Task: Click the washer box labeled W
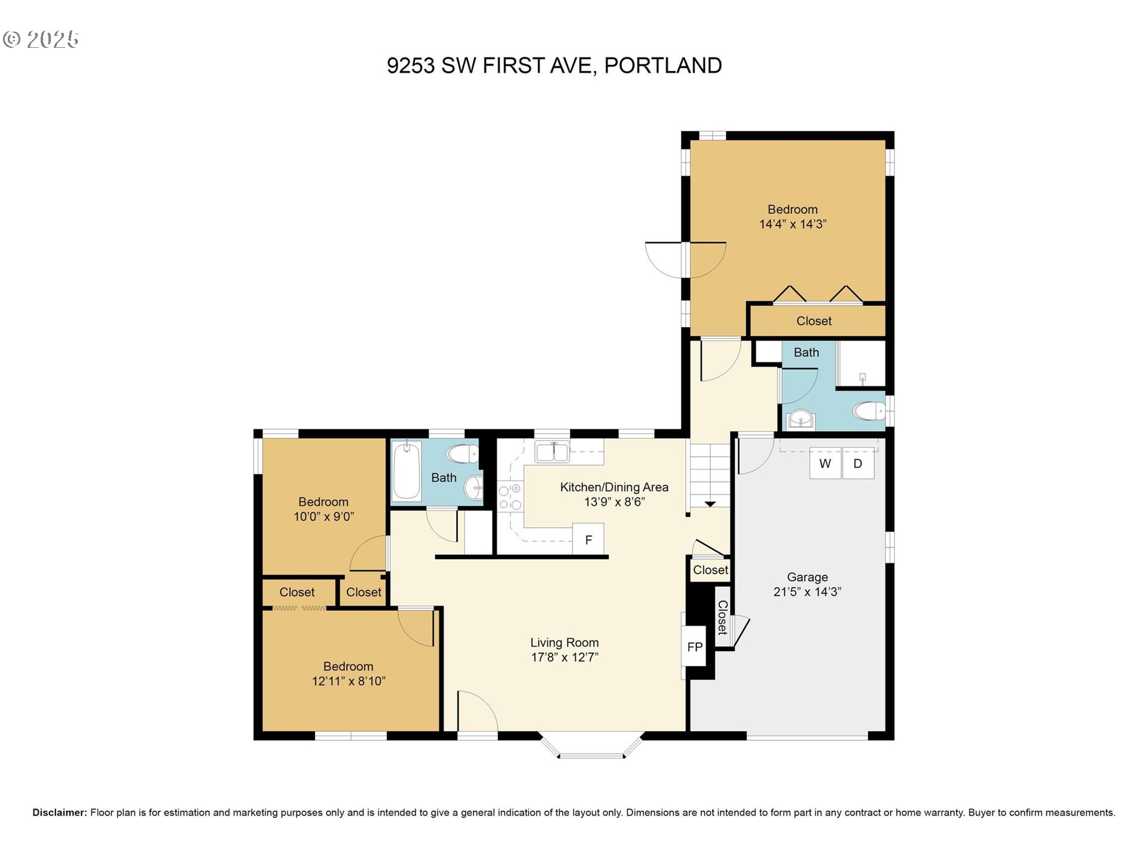tap(825, 463)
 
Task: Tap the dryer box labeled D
tap(858, 463)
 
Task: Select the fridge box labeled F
tap(588, 540)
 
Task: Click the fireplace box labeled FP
tap(694, 646)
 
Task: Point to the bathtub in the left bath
tap(407, 471)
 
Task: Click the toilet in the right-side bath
tap(869, 411)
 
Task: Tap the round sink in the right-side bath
tap(800, 419)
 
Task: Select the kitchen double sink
tap(552, 452)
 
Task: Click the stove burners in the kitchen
tap(510, 497)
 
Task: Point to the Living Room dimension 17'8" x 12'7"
tap(564, 657)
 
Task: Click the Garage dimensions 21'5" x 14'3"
tap(807, 592)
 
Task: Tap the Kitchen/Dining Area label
tap(614, 487)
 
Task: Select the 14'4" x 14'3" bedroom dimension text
tap(793, 224)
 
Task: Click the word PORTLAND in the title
tap(663, 65)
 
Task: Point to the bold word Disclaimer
tap(60, 813)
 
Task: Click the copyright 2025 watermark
tap(41, 39)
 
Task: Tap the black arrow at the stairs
tap(710, 504)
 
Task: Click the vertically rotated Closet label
tap(722, 617)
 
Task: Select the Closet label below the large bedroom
tap(814, 321)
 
